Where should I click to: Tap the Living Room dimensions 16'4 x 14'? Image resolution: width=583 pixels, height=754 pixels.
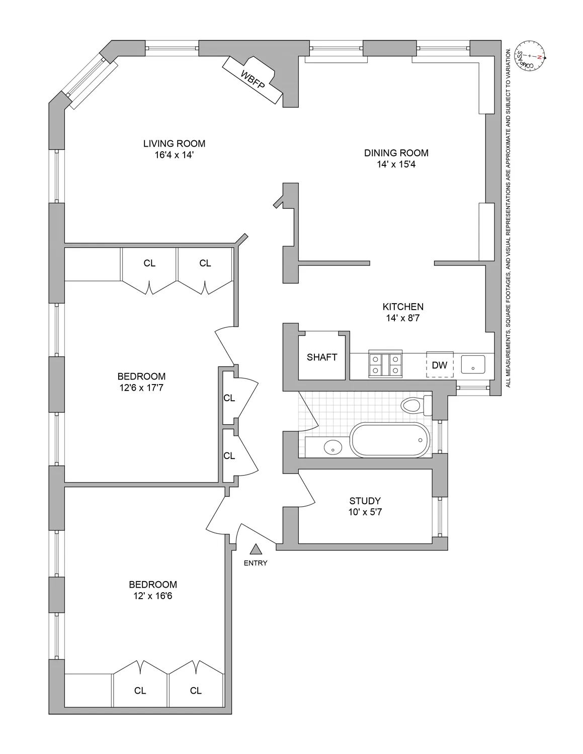174,155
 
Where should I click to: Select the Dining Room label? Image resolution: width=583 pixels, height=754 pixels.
396,153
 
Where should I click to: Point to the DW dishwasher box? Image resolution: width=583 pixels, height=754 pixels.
440,365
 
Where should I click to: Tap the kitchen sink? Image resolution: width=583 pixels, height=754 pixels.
473,364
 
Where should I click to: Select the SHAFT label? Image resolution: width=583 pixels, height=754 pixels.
322,357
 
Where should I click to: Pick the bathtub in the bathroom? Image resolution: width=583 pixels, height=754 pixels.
390,440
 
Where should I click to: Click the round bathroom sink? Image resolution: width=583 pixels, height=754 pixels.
332,446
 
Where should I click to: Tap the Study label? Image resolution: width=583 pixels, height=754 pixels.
365,501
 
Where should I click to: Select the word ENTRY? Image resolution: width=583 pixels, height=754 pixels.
256,563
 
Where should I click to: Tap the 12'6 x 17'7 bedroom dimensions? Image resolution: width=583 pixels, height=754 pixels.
141,388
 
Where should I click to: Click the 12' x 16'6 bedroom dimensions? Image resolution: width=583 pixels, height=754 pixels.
153,596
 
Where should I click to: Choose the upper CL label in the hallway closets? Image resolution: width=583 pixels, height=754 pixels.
229,398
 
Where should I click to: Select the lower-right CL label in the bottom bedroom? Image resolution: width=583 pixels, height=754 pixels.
196,691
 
